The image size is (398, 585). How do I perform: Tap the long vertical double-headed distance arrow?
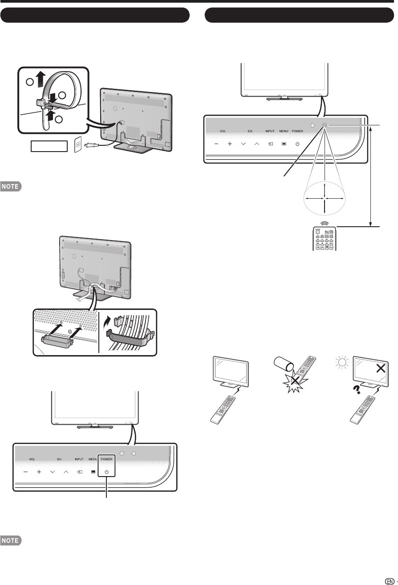370,175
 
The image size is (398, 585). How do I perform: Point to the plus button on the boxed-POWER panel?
39,472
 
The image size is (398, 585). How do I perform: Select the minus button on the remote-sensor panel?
216,144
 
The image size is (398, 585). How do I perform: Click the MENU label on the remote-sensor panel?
284,132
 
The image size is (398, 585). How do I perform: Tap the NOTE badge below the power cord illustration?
10,187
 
